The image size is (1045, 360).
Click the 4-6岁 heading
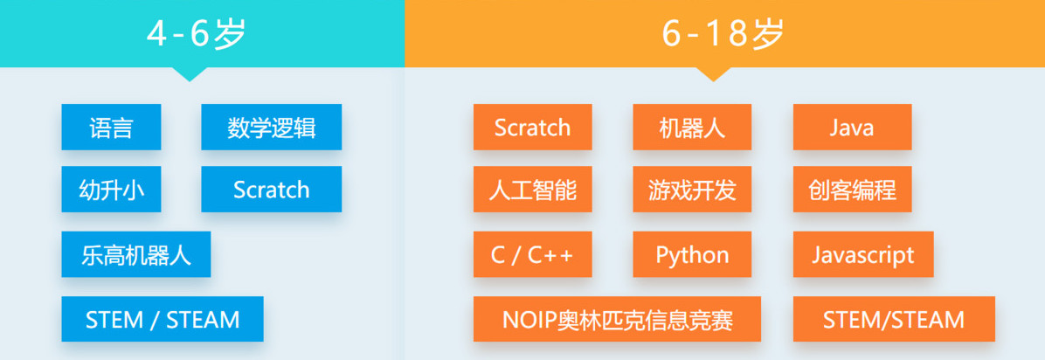pyautogui.click(x=196, y=33)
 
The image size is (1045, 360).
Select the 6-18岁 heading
pyautogui.click(x=723, y=33)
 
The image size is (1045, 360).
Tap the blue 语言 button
pyautogui.click(x=111, y=127)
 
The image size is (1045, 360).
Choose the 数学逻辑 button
pyautogui.click(x=271, y=127)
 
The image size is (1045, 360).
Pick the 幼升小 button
pyautogui.click(x=111, y=190)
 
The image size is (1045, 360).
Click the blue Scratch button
pyautogui.click(x=271, y=190)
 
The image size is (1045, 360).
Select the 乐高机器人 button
pyautogui.click(x=136, y=254)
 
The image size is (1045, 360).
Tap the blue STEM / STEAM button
pyautogui.click(x=163, y=319)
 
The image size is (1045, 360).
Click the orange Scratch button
pyautogui.click(x=532, y=127)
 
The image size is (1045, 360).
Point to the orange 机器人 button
pyautogui.click(x=692, y=127)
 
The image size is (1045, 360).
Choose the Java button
pyautogui.click(x=852, y=127)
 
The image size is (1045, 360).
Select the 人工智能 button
pyautogui.click(x=532, y=190)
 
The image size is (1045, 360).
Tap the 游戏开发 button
pyautogui.click(x=692, y=190)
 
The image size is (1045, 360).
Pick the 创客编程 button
pyautogui.click(x=852, y=190)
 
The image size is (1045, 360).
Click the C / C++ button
pyautogui.click(x=532, y=254)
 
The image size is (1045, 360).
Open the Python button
pyautogui.click(x=692, y=254)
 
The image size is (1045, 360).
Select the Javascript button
pyautogui.click(x=863, y=254)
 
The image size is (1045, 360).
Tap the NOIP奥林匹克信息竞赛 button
pyautogui.click(x=617, y=319)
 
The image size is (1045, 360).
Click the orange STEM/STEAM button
pyautogui.click(x=894, y=319)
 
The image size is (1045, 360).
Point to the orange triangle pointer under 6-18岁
pyautogui.click(x=713, y=73)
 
